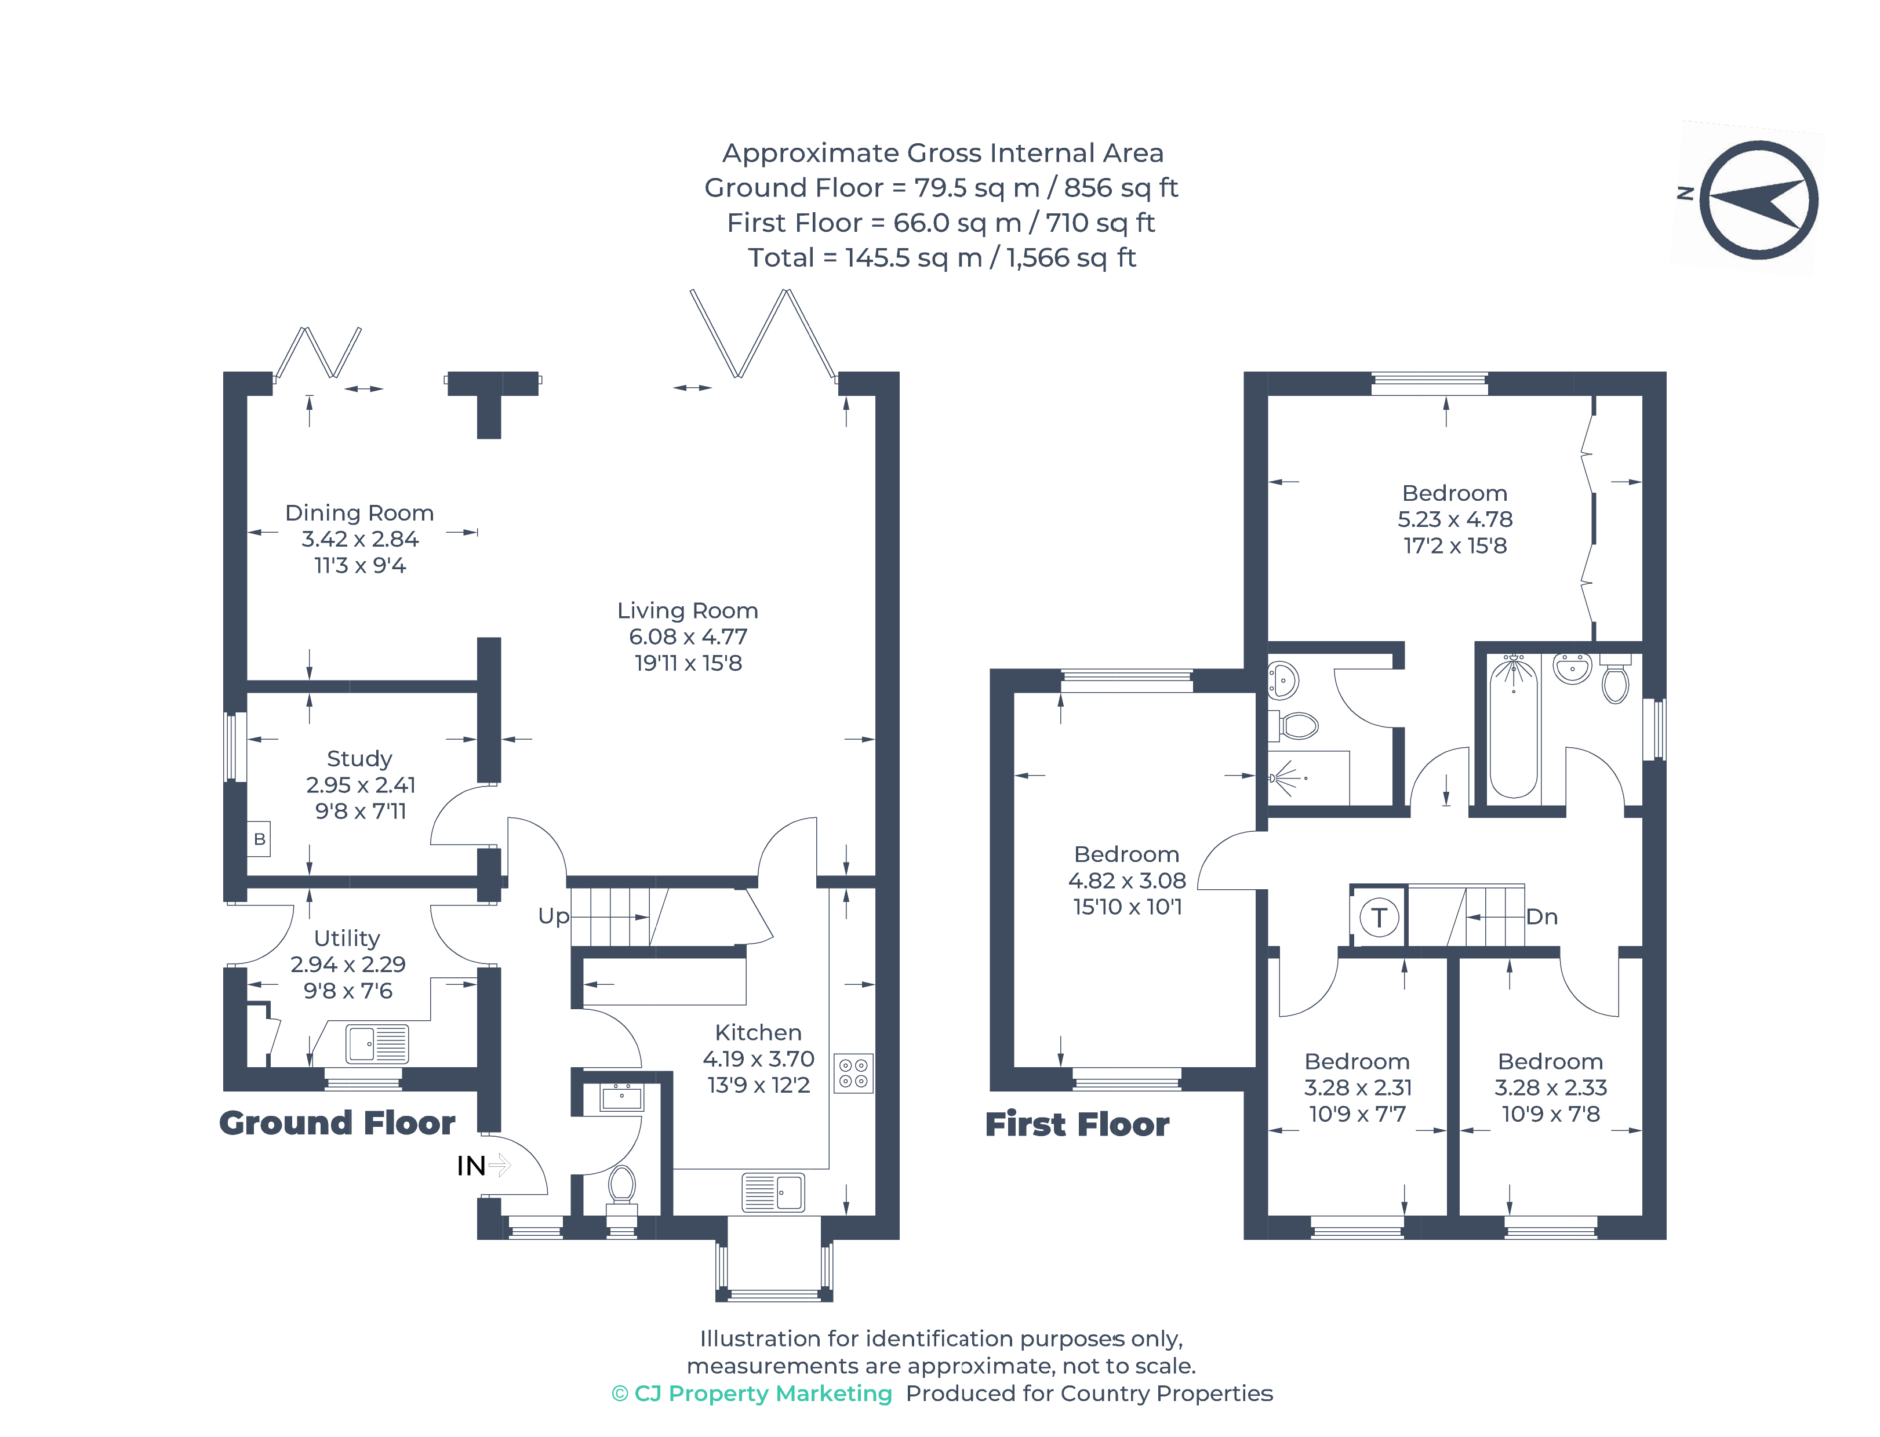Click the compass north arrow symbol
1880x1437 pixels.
pyautogui.click(x=1758, y=200)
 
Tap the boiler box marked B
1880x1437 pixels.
pyautogui.click(x=259, y=839)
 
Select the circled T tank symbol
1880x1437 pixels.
pyautogui.click(x=1378, y=918)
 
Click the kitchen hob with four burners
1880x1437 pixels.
pyautogui.click(x=853, y=1072)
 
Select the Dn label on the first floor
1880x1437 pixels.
pyautogui.click(x=1541, y=917)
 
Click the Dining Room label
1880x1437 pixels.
pyautogui.click(x=359, y=512)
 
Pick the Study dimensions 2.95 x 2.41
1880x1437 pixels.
pyautogui.click(x=360, y=784)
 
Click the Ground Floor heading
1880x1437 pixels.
pyautogui.click(x=337, y=1123)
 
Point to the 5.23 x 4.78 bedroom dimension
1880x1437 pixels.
pyautogui.click(x=1454, y=519)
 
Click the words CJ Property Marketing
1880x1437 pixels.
pyautogui.click(x=762, y=1394)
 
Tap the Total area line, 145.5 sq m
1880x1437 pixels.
pyautogui.click(x=941, y=257)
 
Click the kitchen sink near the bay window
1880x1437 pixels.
pyautogui.click(x=772, y=1192)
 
